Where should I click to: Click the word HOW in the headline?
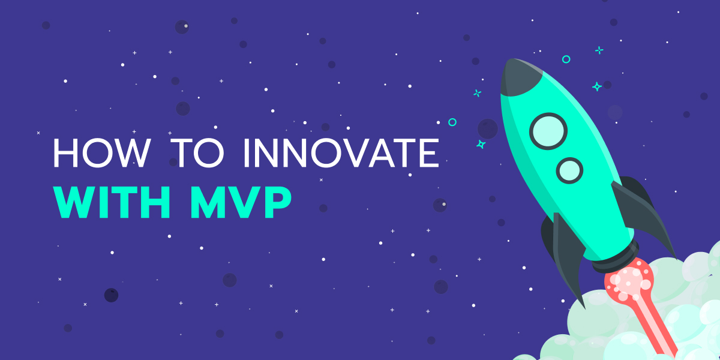102,152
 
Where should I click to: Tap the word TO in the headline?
197,152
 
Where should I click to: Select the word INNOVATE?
341,152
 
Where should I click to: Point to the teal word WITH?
112,202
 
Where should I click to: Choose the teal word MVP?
241,202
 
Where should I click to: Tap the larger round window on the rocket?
548,131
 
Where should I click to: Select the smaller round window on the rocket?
569,170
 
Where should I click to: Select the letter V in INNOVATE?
355,153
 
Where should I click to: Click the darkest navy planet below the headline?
111,295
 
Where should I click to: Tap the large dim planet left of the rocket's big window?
488,129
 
